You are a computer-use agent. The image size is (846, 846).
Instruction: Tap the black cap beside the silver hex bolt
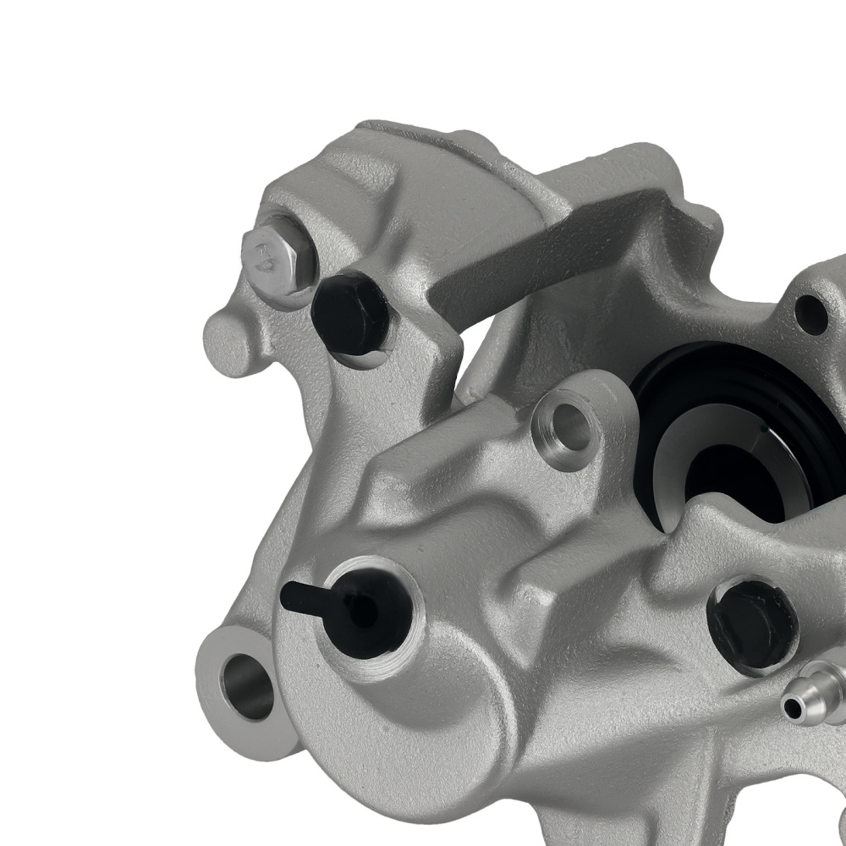click(x=349, y=315)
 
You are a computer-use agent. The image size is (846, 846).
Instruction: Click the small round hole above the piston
click(x=811, y=314)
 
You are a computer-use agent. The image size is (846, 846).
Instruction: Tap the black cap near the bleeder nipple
click(x=752, y=624)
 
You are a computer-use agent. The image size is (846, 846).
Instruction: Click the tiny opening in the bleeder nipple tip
click(x=790, y=706)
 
